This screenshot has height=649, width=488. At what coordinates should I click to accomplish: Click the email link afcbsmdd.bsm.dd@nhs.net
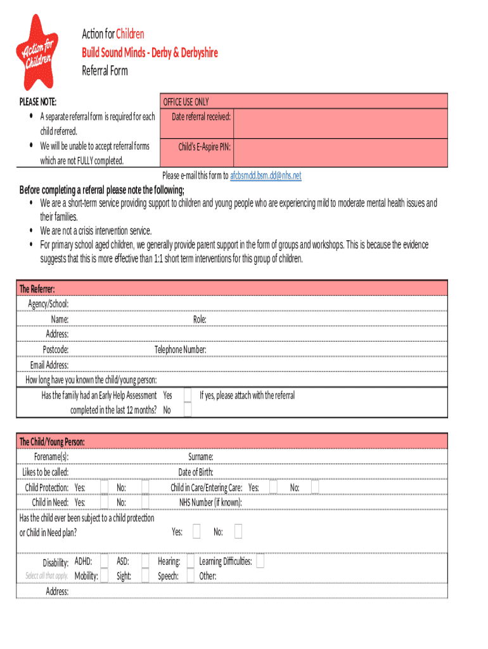coord(266,176)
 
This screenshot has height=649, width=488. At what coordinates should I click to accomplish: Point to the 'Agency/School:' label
coord(48,304)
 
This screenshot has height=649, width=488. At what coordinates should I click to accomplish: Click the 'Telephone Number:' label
coord(180,350)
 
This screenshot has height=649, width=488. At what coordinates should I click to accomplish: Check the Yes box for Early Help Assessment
coord(188,395)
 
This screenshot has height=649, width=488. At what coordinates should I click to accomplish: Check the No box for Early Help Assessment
coord(188,410)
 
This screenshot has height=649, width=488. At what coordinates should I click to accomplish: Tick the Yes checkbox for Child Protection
coord(104,487)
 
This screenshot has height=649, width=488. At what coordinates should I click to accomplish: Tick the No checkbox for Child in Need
coord(145,502)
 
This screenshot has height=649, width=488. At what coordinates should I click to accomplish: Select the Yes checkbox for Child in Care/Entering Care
coord(273,487)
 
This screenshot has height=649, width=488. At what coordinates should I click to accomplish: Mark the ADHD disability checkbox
coord(104,561)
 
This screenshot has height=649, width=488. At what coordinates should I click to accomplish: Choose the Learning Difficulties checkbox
coord(260,562)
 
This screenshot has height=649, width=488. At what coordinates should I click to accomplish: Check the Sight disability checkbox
coord(145,575)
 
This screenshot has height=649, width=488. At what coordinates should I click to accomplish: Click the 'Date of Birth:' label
coord(196,472)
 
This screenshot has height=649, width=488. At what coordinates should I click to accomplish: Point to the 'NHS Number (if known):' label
coord(210,503)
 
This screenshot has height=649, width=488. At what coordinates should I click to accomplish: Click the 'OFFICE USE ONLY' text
coord(186,102)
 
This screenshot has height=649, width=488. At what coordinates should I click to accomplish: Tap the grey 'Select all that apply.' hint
coord(46,576)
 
